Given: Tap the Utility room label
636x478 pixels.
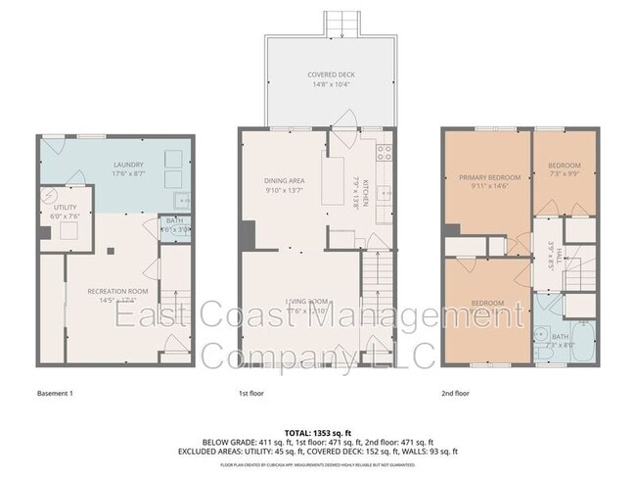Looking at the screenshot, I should (x=51, y=207).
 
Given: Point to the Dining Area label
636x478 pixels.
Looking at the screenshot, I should (x=286, y=180).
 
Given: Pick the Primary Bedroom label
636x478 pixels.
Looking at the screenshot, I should (x=488, y=177).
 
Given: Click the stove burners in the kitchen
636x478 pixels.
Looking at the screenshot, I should (x=384, y=152).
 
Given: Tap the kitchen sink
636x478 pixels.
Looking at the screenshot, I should (x=385, y=195).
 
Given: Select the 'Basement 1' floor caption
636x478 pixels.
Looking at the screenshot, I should (x=56, y=393).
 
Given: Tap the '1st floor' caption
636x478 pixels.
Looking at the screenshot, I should (x=250, y=393).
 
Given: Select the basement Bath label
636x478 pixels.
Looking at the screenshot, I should (x=174, y=221).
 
